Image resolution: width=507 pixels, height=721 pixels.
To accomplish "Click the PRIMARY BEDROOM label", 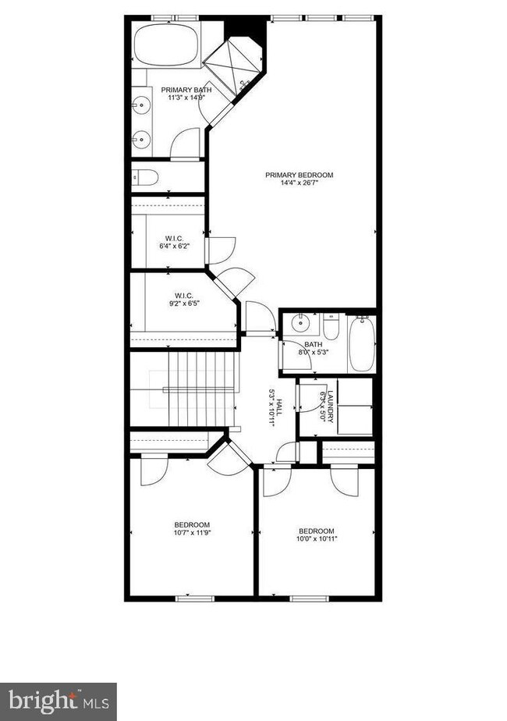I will [300, 175].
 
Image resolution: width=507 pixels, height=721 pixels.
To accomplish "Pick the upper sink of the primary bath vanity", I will [142, 103].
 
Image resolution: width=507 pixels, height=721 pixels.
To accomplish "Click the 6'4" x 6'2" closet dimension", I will [173, 247].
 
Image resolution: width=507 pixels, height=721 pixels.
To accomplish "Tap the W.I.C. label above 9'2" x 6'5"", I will [183, 296].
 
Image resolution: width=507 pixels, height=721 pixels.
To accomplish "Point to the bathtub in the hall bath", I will [361, 343].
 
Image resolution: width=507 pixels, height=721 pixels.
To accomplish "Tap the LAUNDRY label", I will [331, 406].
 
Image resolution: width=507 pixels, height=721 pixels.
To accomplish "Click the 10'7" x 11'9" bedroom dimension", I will [192, 534].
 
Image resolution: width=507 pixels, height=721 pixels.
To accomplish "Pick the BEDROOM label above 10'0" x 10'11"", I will [316, 531].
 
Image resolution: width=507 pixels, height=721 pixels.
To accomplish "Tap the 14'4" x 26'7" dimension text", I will [300, 183].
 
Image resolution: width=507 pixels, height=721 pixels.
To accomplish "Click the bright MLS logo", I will [58, 701].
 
